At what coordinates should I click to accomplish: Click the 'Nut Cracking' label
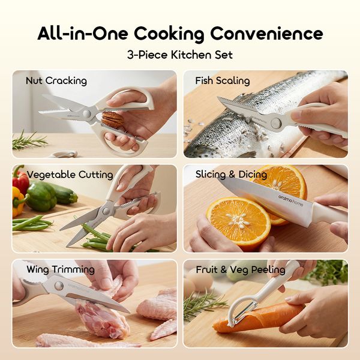coord(56,80)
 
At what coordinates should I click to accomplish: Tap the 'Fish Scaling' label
coord(223,80)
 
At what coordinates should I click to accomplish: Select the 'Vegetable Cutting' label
coord(70,175)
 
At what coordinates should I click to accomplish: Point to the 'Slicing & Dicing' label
coord(231,175)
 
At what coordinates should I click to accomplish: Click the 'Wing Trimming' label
coord(60,269)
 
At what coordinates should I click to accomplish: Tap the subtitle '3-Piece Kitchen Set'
coord(180,55)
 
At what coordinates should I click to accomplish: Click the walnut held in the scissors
coord(113,120)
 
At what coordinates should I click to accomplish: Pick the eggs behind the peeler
coord(203,282)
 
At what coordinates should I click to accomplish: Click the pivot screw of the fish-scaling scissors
coord(277,122)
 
